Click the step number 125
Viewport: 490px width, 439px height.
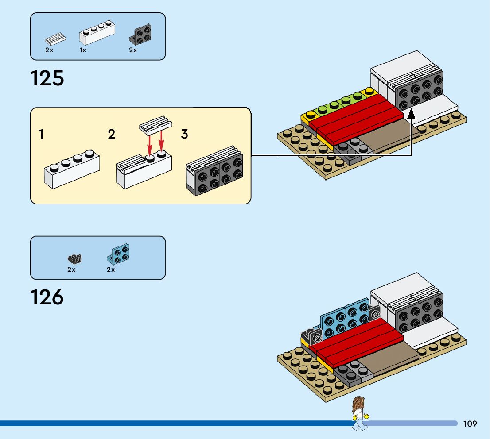tap(47, 78)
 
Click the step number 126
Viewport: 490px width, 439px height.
tap(47, 297)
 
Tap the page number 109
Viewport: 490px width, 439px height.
tap(470, 424)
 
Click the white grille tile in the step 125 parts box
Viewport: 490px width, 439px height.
tap(55, 39)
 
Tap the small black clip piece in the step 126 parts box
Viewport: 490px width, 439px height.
tap(74, 258)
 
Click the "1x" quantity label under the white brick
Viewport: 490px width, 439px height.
tap(83, 50)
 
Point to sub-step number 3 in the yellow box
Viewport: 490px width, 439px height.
tap(184, 134)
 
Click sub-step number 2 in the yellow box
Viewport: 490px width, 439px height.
tap(112, 134)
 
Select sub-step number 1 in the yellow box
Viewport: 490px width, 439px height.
tap(41, 134)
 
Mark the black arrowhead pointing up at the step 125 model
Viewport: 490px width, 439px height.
tap(412, 115)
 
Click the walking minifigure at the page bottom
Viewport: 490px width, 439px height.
tap(359, 413)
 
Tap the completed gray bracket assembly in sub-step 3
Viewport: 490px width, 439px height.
tap(214, 170)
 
